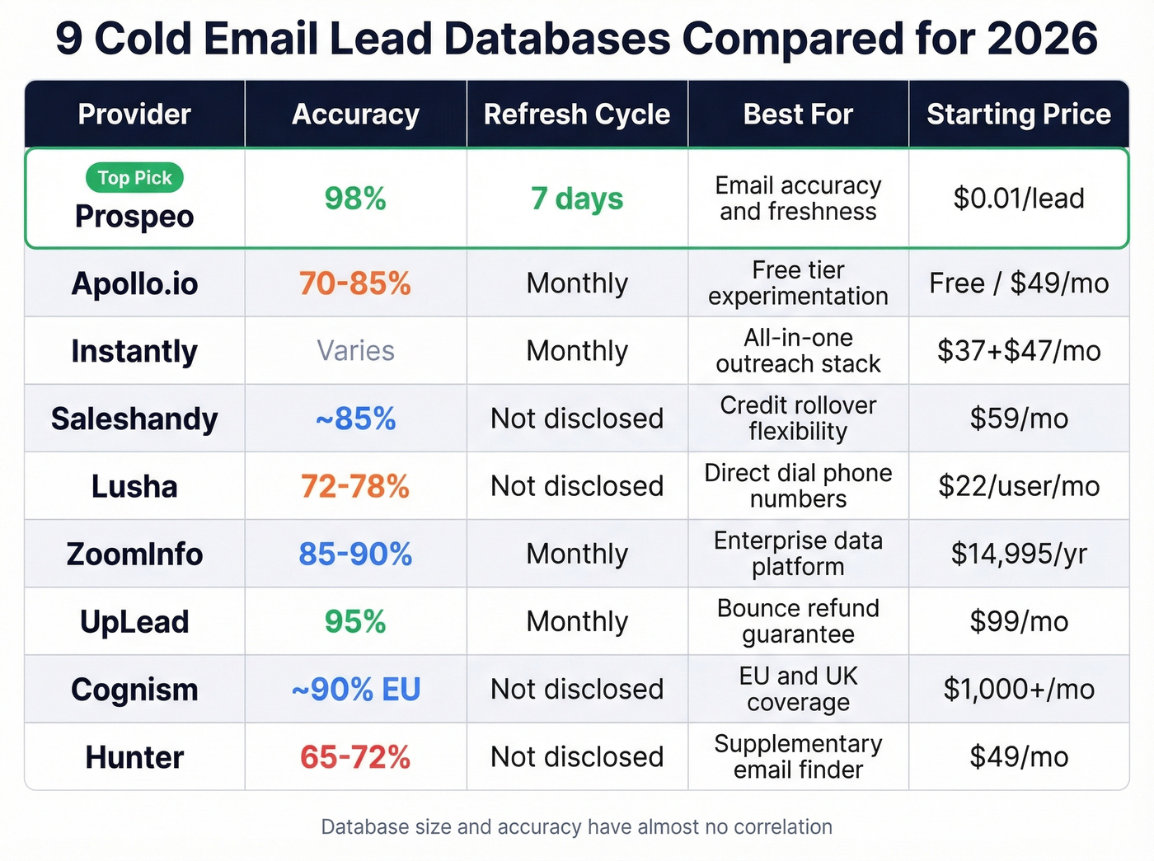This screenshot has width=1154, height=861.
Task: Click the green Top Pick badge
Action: tap(134, 178)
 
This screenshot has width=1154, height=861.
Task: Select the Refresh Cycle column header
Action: tap(577, 115)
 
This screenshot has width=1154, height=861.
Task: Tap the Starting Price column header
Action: tap(1019, 115)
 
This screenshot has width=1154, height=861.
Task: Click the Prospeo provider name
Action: tap(134, 217)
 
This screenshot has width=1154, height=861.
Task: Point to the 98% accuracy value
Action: tap(355, 199)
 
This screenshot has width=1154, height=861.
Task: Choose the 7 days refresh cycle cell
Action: tap(577, 199)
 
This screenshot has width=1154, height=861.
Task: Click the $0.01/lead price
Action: tap(1019, 199)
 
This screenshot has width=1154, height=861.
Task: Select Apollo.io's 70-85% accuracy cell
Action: tap(355, 283)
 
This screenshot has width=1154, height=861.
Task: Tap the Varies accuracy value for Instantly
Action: tap(355, 351)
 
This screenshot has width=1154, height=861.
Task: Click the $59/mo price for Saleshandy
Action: tap(1019, 419)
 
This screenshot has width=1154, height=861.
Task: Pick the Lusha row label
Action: tap(134, 486)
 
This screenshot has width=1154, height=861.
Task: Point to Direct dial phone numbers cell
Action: tap(798, 486)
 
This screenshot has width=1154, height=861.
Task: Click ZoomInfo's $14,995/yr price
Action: tap(1019, 554)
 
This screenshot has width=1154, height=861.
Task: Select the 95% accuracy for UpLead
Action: tap(355, 621)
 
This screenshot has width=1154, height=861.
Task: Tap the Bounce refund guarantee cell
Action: tap(798, 621)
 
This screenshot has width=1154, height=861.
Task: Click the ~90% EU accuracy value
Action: tap(355, 689)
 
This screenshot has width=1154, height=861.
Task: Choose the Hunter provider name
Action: tap(134, 757)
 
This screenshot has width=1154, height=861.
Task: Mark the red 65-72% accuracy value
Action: tap(355, 757)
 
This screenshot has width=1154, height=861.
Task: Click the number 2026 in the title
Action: tap(1042, 38)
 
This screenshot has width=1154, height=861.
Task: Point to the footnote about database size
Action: tap(577, 826)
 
